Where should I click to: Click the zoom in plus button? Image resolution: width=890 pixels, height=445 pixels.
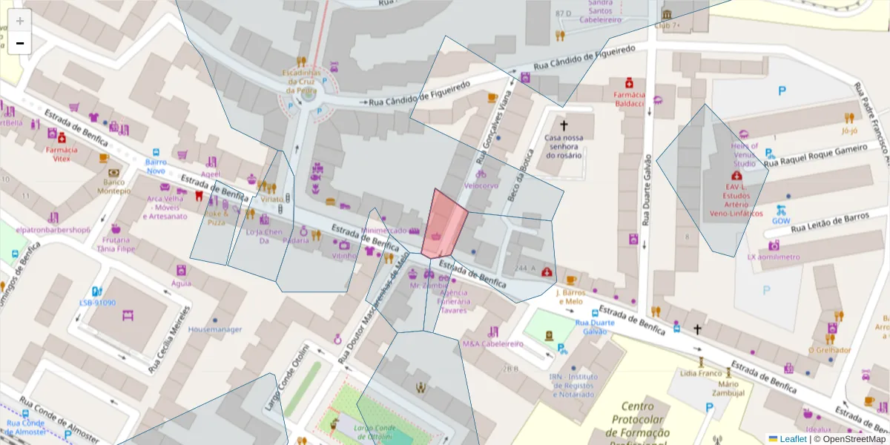(x=20, y=21)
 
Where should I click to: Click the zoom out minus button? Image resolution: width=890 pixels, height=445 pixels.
(x=20, y=43)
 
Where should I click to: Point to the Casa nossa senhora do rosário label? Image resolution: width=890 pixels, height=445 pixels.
(x=564, y=146)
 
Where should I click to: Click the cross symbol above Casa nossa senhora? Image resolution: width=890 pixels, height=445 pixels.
(x=564, y=126)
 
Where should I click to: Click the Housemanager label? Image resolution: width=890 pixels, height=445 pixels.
(x=215, y=329)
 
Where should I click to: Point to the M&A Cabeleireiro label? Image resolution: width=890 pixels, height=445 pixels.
(x=492, y=343)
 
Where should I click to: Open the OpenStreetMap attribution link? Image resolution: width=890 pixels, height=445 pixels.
(x=850, y=438)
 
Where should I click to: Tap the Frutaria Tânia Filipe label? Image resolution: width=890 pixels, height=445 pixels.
(x=116, y=244)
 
